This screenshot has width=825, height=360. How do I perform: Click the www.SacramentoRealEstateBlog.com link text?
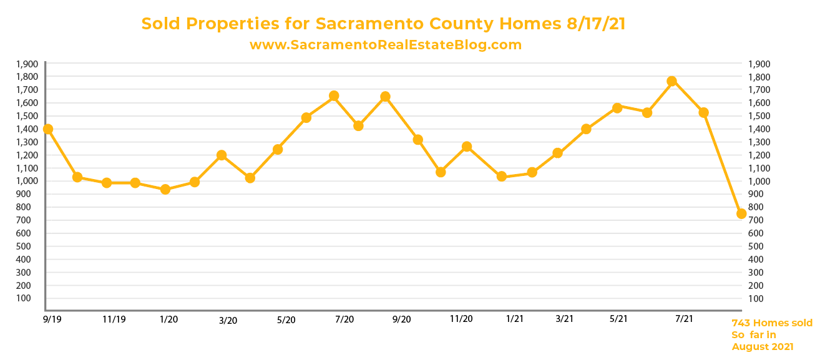point(385,45)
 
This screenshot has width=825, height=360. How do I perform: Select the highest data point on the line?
point(671,81)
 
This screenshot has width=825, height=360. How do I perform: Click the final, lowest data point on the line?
point(741,213)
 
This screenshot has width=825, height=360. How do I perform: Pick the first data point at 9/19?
point(47,129)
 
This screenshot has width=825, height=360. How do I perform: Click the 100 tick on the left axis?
point(30,298)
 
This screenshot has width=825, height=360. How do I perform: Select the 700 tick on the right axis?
point(754,220)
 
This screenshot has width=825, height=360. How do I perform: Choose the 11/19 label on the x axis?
point(114,319)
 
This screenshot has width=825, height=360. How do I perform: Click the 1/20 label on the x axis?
point(168,319)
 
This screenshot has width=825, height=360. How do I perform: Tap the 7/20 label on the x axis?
point(344,319)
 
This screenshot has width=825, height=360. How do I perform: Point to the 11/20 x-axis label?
point(461,319)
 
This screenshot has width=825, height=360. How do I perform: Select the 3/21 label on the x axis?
point(564,319)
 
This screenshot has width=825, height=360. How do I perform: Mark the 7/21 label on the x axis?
point(685,319)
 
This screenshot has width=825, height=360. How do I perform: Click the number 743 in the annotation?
point(741,323)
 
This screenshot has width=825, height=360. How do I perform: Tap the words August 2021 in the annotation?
point(763,347)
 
